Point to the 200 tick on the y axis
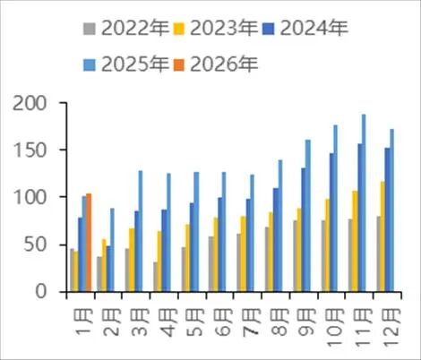pos(33,103)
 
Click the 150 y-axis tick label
pos(33,150)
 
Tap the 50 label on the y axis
pos(39,244)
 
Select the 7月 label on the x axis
pos(246,318)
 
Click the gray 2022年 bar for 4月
pos(156,277)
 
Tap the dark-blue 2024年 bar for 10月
pos(331,222)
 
